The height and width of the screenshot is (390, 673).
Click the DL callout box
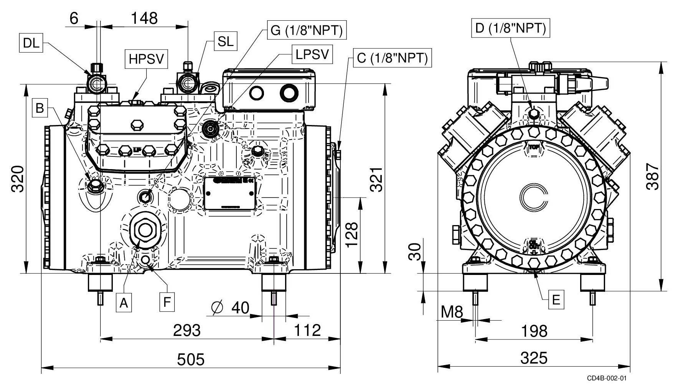[31, 43]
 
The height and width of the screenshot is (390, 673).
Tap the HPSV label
[147, 59]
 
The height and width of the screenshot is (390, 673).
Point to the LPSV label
[312, 54]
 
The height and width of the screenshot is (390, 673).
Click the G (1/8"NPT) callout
[307, 30]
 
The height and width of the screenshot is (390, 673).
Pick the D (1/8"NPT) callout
[510, 28]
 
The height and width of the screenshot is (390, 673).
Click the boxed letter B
[40, 108]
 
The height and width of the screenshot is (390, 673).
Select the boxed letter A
[123, 302]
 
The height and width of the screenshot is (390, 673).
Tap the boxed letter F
[167, 302]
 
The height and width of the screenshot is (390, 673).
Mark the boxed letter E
[556, 299]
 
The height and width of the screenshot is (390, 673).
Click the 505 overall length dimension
[191, 359]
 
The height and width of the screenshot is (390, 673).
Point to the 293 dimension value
[187, 330]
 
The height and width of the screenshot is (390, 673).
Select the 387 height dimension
[652, 176]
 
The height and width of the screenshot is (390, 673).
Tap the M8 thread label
[452, 312]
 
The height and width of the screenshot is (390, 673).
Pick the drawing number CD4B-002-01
[607, 378]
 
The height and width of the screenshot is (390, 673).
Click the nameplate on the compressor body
[230, 193]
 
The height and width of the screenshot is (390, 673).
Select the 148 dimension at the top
[144, 18]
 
